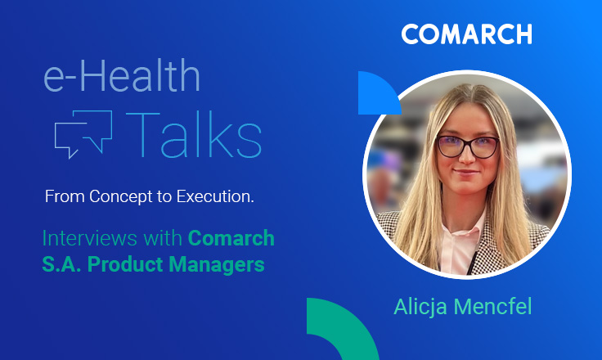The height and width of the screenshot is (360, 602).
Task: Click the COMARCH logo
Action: [x=466, y=34]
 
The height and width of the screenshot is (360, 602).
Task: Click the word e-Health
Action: [x=121, y=78]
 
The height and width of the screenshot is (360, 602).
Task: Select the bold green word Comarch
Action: [x=231, y=239]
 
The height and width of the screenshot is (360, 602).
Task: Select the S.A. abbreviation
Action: [x=61, y=265]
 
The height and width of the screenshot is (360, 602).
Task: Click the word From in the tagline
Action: [x=61, y=197]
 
